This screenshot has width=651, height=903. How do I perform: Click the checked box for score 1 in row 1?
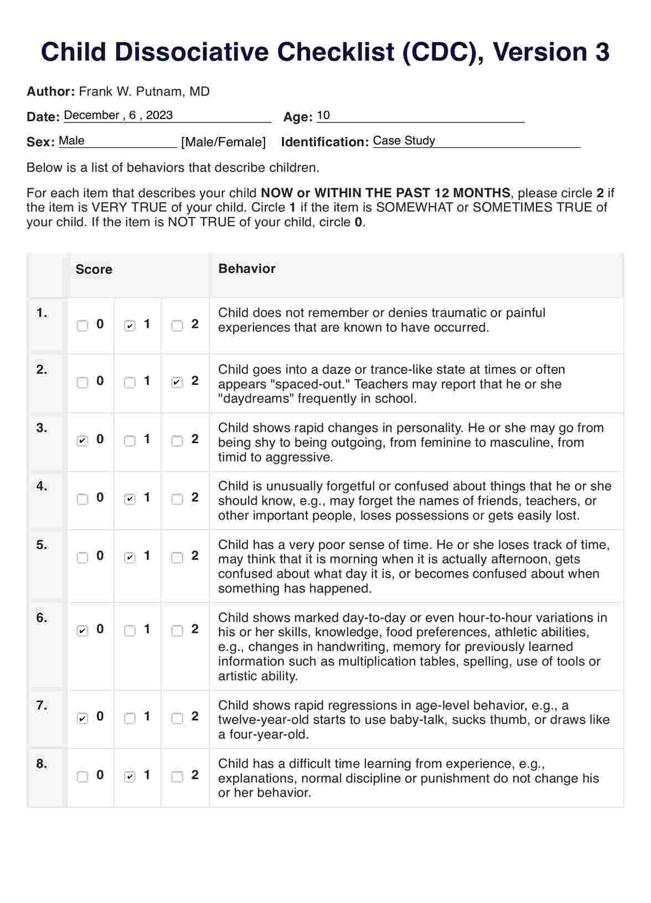(x=130, y=326)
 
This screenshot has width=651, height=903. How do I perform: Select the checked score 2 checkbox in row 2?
(x=177, y=382)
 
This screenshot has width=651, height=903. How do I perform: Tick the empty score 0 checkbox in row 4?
(x=82, y=499)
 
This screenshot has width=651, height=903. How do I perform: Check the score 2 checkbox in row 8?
(x=177, y=777)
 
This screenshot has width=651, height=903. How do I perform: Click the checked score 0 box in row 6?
(x=82, y=630)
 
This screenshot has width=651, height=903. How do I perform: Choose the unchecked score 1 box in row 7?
(x=130, y=719)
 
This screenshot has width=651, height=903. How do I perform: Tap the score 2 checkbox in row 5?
(x=177, y=558)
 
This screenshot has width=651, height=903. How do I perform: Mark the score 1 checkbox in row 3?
(x=130, y=441)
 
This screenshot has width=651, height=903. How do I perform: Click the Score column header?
(x=94, y=270)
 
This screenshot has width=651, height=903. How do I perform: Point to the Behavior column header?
(x=247, y=269)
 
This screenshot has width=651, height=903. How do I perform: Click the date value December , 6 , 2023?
(x=118, y=115)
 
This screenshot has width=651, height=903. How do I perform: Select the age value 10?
(x=323, y=115)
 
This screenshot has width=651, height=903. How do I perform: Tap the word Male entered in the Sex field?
(x=72, y=141)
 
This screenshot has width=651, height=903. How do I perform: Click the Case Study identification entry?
(x=404, y=141)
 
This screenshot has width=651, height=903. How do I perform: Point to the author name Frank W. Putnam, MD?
(x=144, y=91)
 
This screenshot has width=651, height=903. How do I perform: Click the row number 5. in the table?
(x=42, y=545)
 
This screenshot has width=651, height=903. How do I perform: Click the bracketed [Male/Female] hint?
(x=224, y=142)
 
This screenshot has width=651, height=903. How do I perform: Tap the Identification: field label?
(x=325, y=142)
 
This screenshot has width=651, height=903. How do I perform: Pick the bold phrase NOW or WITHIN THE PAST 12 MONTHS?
(x=385, y=193)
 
